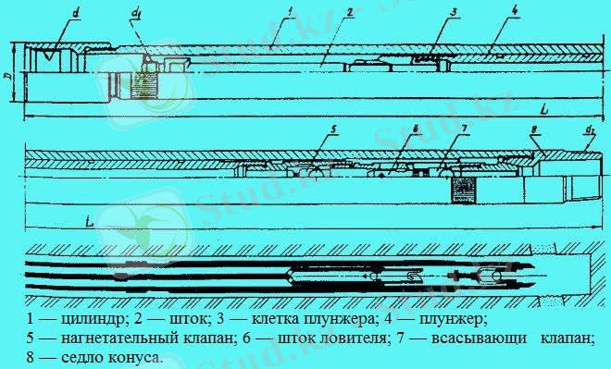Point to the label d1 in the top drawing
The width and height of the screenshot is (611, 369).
[136, 14]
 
